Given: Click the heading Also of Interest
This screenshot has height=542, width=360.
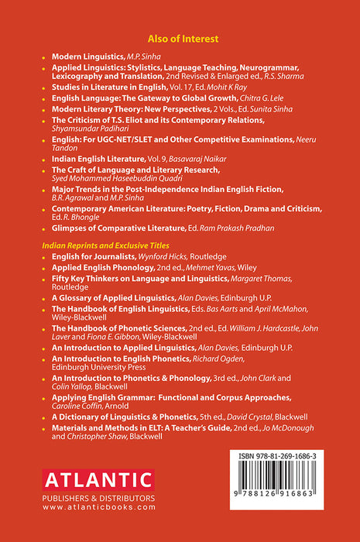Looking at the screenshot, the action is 180,38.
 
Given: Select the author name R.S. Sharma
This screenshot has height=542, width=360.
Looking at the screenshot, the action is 284,78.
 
